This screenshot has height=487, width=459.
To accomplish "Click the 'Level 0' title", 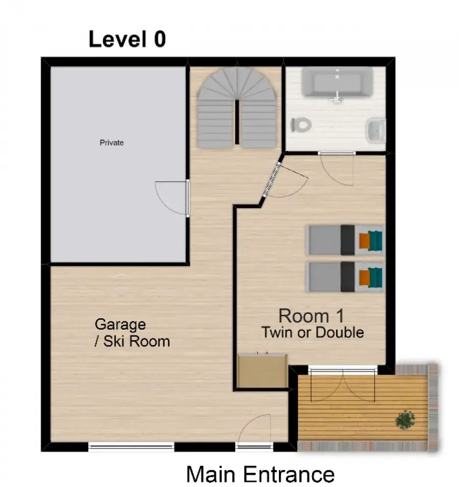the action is pyautogui.click(x=127, y=39).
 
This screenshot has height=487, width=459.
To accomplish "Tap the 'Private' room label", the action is pyautogui.click(x=112, y=143).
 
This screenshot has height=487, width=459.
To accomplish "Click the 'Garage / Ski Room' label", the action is pyautogui.click(x=132, y=333).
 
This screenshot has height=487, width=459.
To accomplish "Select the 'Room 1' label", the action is pyautogui.click(x=312, y=316).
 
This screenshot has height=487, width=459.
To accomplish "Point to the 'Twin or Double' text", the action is pyautogui.click(x=313, y=332).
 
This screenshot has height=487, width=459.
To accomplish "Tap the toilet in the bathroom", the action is pyautogui.click(x=300, y=125).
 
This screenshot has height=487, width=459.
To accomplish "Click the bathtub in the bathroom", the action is pyautogui.click(x=337, y=82).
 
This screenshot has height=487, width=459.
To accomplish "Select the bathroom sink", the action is pyautogui.click(x=376, y=131).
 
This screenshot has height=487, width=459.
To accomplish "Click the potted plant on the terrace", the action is pyautogui.click(x=405, y=420).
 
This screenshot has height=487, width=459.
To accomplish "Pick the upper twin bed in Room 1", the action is pyautogui.click(x=345, y=240).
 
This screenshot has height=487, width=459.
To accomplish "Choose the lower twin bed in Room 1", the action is pyautogui.click(x=345, y=277).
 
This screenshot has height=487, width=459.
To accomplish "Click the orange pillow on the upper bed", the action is pyautogui.click(x=364, y=241).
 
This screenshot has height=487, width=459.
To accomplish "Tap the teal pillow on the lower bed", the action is pyautogui.click(x=375, y=277).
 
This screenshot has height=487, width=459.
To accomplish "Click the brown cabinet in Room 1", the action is pyautogui.click(x=262, y=371).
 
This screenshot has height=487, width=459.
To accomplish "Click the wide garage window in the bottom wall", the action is pyautogui.click(x=132, y=447).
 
